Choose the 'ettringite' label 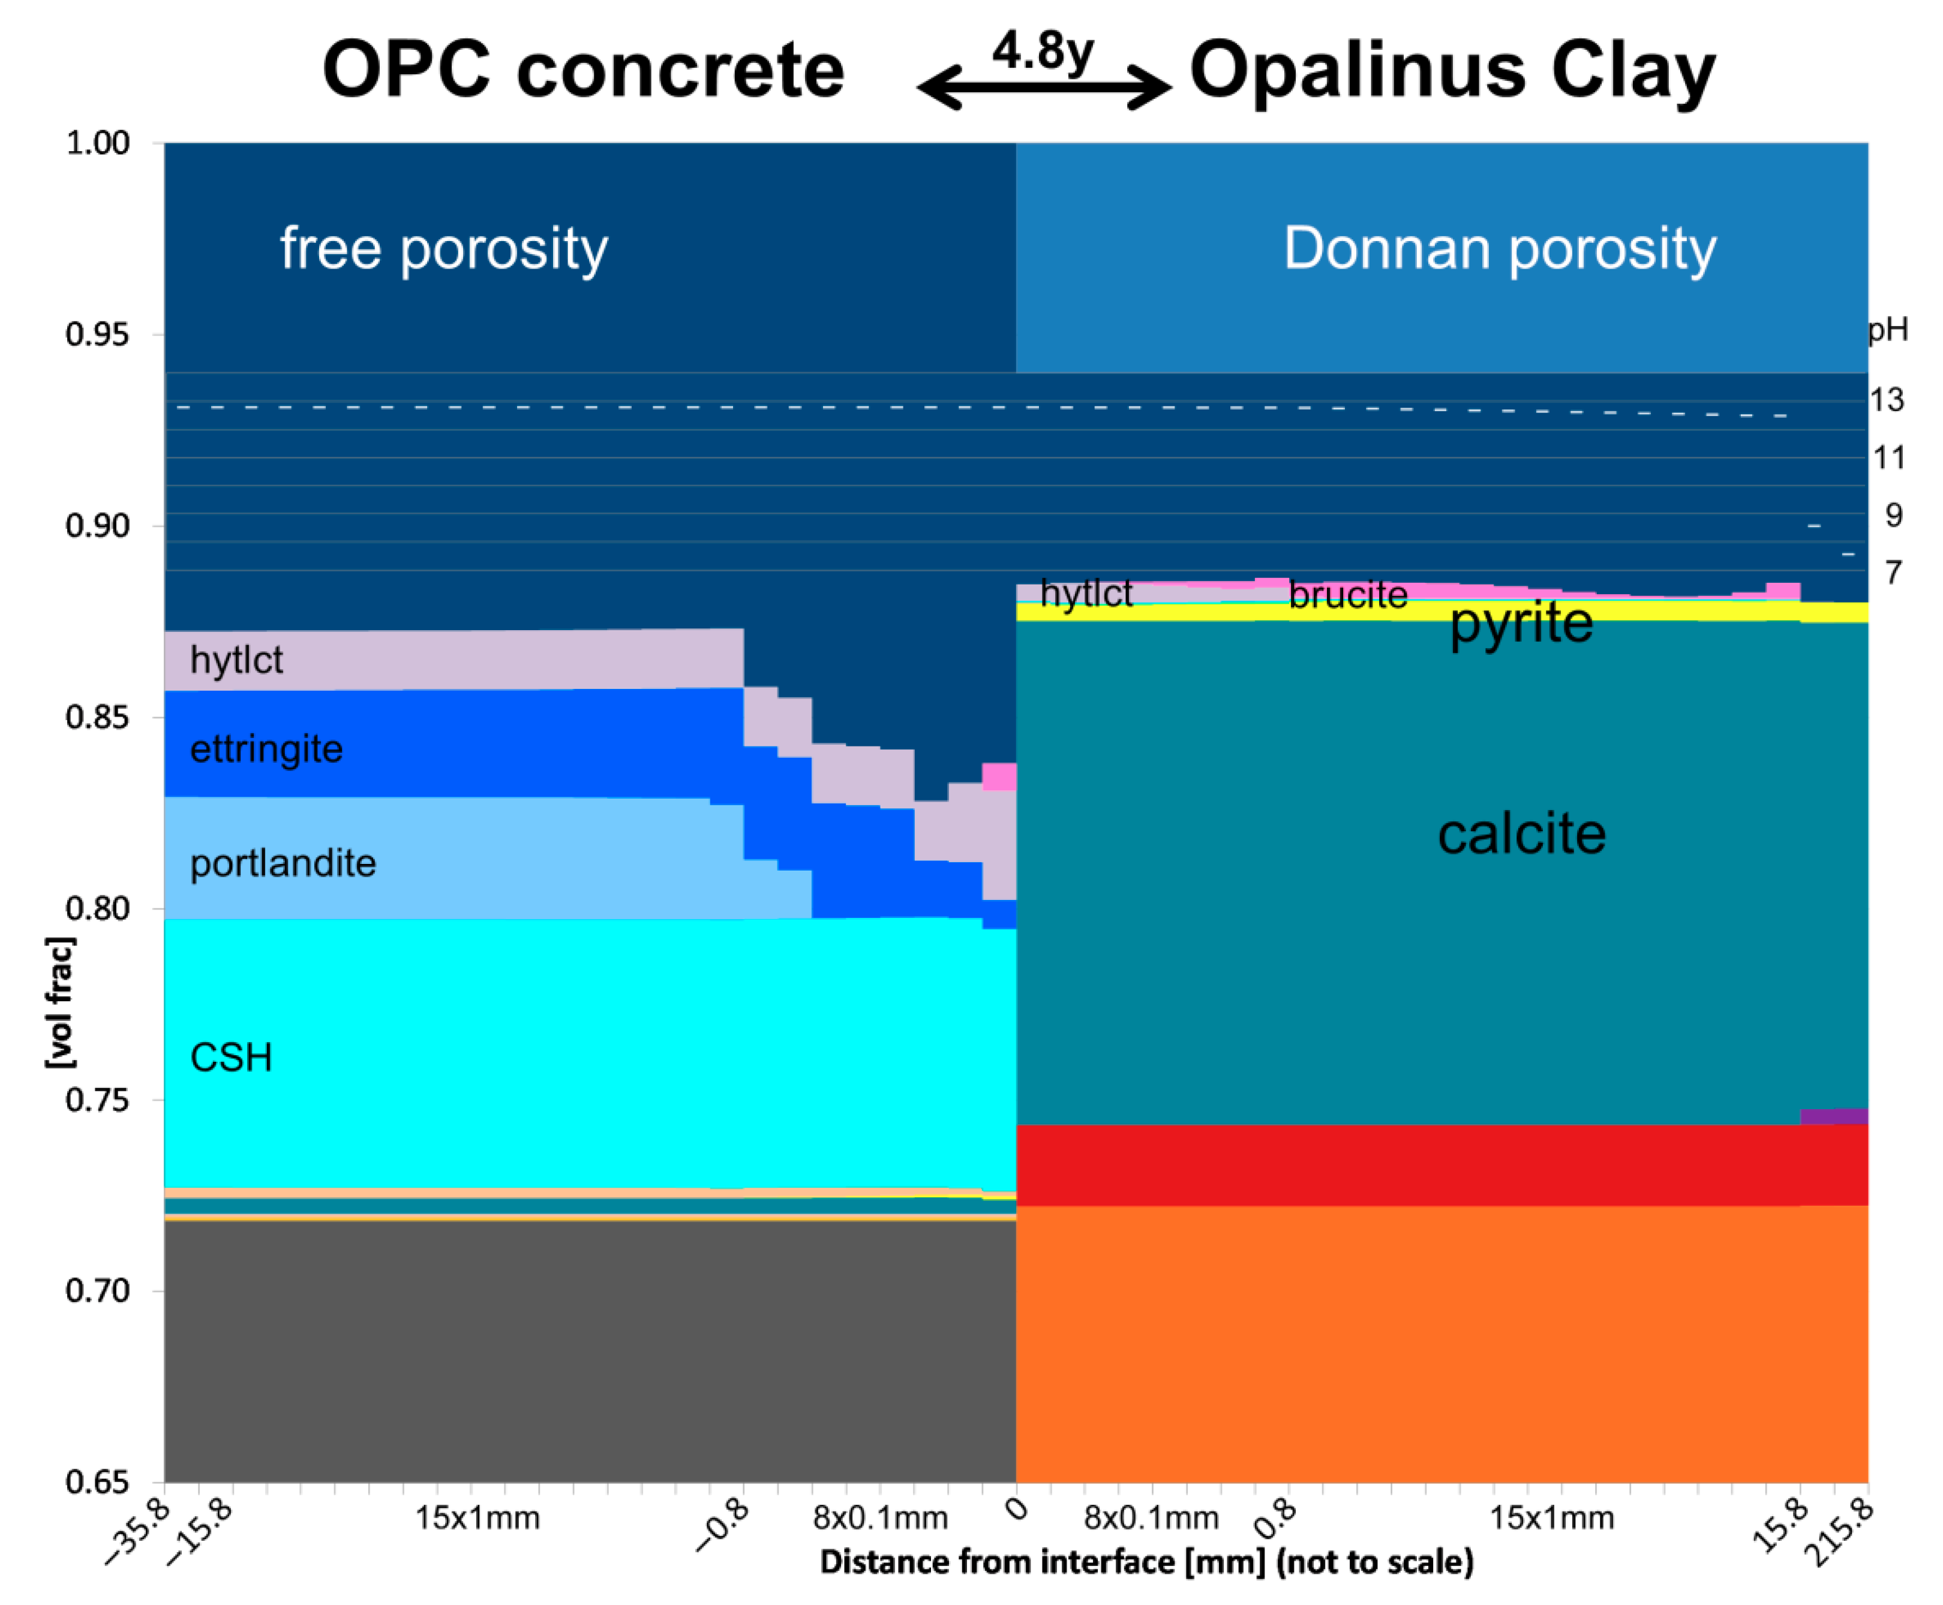[266, 749]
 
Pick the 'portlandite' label [283, 863]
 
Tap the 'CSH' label [231, 1058]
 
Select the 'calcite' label [1521, 834]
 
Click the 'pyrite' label [1521, 622]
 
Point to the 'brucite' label [1347, 595]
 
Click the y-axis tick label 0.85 [97, 716]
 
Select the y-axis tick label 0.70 [97, 1291]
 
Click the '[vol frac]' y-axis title [60, 1002]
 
